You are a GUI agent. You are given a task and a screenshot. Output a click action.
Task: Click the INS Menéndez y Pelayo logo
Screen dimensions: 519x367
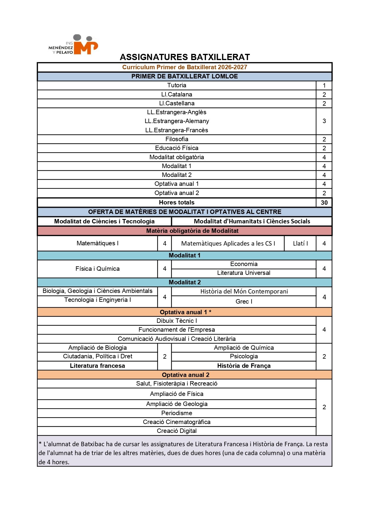pos(73,45)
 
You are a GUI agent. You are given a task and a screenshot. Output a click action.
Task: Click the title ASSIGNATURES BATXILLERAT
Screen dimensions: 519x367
pos(185,57)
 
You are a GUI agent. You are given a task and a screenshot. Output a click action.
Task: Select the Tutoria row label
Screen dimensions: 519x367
pos(177,85)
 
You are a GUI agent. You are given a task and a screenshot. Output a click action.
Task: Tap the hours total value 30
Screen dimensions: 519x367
pos(324,203)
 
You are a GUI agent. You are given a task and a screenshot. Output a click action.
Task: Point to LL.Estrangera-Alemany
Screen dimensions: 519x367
pos(177,121)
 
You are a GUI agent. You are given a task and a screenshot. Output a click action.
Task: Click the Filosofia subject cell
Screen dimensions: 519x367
pos(177,139)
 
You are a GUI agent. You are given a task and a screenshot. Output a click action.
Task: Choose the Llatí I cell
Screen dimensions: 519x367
pos(300,244)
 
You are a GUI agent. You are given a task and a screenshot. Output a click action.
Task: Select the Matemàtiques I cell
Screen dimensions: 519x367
pos(97,243)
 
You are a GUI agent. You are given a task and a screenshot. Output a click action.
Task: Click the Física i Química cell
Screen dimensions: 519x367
pos(97,269)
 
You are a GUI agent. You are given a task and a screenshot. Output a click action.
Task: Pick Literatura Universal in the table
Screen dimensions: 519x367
pos(244,273)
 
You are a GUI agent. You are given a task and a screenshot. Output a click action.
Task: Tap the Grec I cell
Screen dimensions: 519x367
pos(244,302)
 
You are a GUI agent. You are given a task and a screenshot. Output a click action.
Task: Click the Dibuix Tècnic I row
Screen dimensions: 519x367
pos(177,321)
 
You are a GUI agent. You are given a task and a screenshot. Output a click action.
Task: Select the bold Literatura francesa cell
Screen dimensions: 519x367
pos(97,366)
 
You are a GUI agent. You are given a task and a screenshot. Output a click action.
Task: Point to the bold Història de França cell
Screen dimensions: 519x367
pos(244,366)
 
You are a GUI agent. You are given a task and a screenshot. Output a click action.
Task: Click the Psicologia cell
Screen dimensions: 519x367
pos(244,356)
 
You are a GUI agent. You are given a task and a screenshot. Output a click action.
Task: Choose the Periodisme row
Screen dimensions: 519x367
pos(177,413)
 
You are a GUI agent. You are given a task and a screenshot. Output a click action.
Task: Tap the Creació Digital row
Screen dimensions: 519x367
pos(177,431)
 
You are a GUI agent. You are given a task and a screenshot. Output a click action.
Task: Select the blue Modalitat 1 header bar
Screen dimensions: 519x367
pos(185,255)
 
